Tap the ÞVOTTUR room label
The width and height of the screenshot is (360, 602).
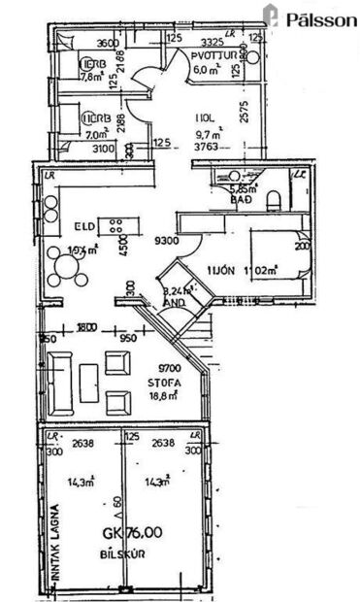click(215, 55)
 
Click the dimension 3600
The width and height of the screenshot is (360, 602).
click(107, 43)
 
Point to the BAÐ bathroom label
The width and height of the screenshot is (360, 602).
click(241, 200)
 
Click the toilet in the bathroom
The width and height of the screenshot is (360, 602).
click(275, 199)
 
